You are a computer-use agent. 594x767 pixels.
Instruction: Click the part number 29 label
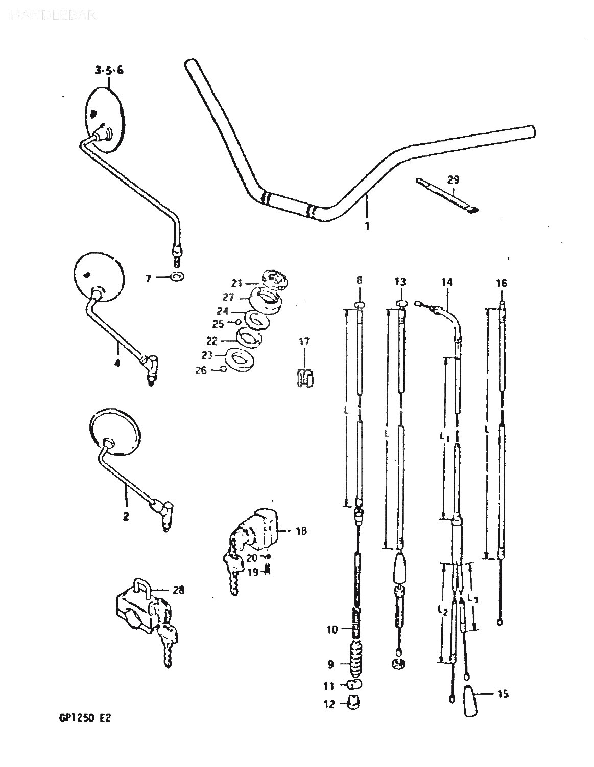pyautogui.click(x=453, y=179)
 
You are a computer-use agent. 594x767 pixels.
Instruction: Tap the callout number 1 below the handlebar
pyautogui.click(x=367, y=225)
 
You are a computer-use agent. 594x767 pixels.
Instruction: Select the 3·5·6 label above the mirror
pyautogui.click(x=108, y=71)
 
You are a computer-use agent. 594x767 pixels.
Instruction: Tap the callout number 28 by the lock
pyautogui.click(x=178, y=591)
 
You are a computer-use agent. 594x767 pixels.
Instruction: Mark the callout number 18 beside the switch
pyautogui.click(x=301, y=531)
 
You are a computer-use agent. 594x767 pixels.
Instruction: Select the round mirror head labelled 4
pyautogui.click(x=99, y=274)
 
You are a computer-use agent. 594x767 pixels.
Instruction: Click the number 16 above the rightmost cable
pyautogui.click(x=501, y=283)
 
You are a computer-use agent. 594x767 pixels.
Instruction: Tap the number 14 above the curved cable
pyautogui.click(x=447, y=282)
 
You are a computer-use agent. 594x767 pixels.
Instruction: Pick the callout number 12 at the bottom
pyautogui.click(x=329, y=704)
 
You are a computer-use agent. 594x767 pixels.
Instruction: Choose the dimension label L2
pyautogui.click(x=442, y=610)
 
